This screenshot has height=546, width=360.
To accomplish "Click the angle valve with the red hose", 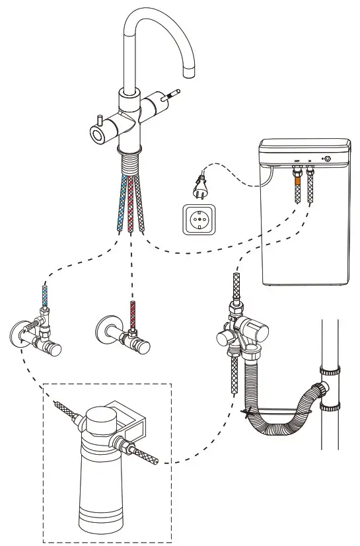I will click(123, 331).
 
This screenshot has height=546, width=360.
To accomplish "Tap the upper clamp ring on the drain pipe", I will click(329, 372).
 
